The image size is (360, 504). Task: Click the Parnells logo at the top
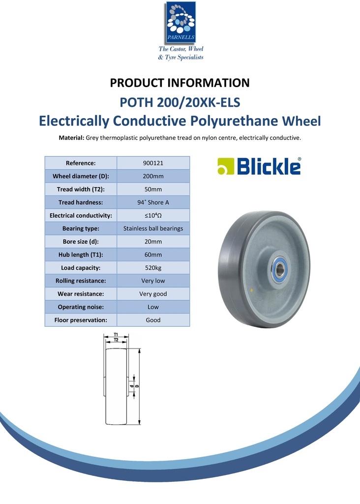tap(180, 22)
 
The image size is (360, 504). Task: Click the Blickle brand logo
tap(259, 166)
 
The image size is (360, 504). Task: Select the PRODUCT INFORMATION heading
tap(180, 83)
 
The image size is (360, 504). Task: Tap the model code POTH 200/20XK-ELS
tap(180, 103)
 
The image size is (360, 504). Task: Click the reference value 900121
tap(153, 163)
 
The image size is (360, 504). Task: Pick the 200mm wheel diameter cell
tap(153, 176)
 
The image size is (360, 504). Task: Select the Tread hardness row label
tap(81, 202)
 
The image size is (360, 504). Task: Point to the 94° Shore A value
tap(153, 202)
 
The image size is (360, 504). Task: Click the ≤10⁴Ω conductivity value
tap(153, 215)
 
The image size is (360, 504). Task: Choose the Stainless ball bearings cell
tap(153, 228)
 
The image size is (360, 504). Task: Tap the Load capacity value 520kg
tap(153, 268)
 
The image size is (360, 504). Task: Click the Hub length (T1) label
tap(81, 254)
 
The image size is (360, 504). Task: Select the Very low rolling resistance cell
tap(153, 281)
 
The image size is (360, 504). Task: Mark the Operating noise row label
tap(81, 307)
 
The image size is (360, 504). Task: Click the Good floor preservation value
tap(153, 320)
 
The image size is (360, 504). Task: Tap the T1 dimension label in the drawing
tap(116, 335)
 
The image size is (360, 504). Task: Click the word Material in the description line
tap(71, 138)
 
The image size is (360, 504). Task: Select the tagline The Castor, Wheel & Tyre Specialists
tap(180, 53)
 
